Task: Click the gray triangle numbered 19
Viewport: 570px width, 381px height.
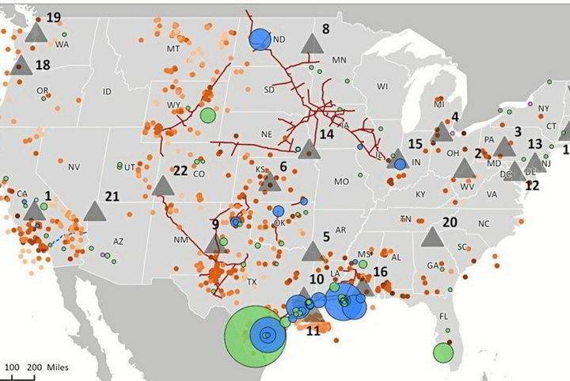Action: [x=36, y=32]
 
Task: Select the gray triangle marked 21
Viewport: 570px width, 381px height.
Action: [x=95, y=211]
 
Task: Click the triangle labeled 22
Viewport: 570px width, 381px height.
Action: [x=163, y=186]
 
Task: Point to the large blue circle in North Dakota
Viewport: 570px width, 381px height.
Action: [x=260, y=38]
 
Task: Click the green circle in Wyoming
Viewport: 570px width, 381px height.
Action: [x=207, y=116]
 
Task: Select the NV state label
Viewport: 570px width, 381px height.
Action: [x=74, y=167]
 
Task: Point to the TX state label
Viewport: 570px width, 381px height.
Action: [x=252, y=282]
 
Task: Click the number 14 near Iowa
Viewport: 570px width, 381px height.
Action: [x=327, y=135]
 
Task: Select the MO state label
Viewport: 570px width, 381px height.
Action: [x=341, y=181]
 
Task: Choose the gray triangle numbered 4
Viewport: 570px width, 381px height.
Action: [x=441, y=131]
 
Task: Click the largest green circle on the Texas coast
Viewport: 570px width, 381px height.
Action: [x=253, y=336]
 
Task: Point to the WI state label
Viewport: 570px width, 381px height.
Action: [x=383, y=86]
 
